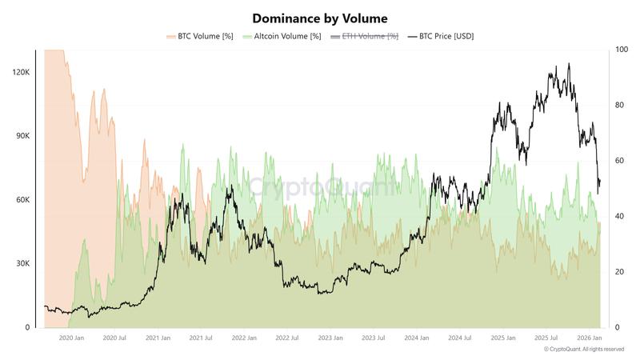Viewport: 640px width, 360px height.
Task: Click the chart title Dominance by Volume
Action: pyautogui.click(x=319, y=18)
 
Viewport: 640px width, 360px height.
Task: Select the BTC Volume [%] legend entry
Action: pyautogui.click(x=199, y=36)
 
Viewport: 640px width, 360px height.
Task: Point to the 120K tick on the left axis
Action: pyautogui.click(x=20, y=72)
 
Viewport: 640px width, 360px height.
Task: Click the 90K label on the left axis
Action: pyautogui.click(x=22, y=136)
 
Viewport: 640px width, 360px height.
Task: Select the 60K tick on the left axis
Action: pyautogui.click(x=22, y=200)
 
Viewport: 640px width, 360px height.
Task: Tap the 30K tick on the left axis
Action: pyautogui.click(x=22, y=264)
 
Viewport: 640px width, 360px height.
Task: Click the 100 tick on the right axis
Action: pyautogui.click(x=621, y=50)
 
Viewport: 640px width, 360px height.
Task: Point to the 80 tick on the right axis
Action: pyautogui.click(x=619, y=105)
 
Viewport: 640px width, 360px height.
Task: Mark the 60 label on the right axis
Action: pyautogui.click(x=619, y=161)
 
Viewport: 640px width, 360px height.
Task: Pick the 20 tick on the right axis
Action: pyautogui.click(x=619, y=272)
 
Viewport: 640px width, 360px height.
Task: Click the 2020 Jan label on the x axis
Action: pyautogui.click(x=66, y=338)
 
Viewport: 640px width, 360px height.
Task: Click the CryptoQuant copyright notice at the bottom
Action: pyautogui.click(x=583, y=350)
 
